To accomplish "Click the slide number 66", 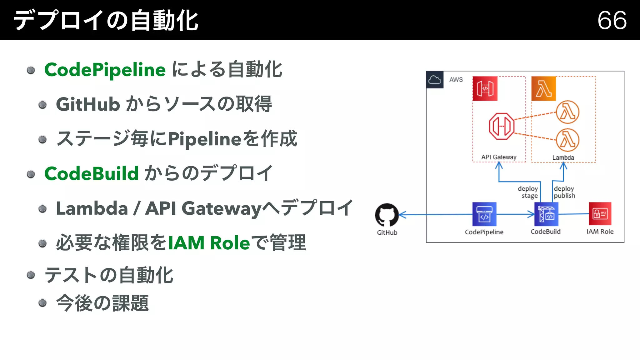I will click(x=612, y=20).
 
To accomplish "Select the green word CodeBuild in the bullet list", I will click(x=91, y=173).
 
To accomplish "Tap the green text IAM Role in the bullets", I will click(x=209, y=243).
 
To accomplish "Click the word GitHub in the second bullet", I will click(x=88, y=104).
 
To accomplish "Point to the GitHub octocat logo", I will click(x=387, y=215).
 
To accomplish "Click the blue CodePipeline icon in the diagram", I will click(x=484, y=214).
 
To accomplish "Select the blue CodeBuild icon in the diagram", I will click(x=546, y=214).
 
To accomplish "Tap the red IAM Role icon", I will click(x=600, y=214).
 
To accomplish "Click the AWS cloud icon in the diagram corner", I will click(x=435, y=80).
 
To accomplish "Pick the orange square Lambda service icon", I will click(x=543, y=89).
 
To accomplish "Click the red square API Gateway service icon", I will click(x=485, y=89).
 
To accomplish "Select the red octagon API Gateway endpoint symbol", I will click(x=501, y=126).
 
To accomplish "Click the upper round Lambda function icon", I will click(x=567, y=112).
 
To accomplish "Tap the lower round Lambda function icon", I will click(x=567, y=140).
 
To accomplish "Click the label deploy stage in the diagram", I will click(x=528, y=192).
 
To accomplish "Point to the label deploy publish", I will click(x=564, y=192).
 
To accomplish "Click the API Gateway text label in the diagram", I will click(x=498, y=157).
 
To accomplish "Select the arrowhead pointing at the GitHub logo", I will click(x=402, y=215).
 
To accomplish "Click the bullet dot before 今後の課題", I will click(x=42, y=303).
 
